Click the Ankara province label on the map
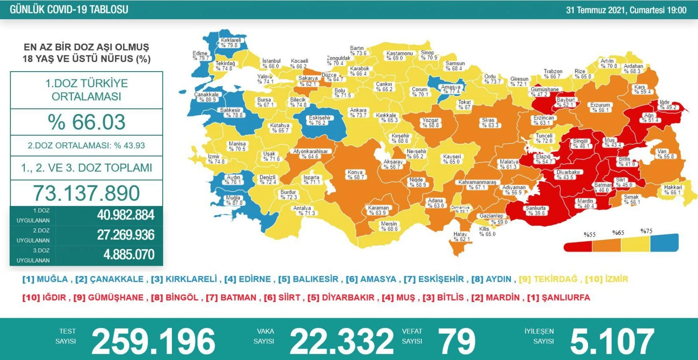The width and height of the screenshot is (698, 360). pos(358,113)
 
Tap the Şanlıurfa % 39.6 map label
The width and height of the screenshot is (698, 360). pos(536,210)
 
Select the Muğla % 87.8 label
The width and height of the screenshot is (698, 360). pos(233,200)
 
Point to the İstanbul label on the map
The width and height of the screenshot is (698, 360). pos(271,63)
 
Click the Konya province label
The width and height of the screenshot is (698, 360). pos(356,175)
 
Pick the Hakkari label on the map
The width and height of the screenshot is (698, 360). pos(673,189)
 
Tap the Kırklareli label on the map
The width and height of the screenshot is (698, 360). pos(230,42)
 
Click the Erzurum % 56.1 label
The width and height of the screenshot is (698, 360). pos(600,107)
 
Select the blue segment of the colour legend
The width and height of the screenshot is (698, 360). pos(664,243)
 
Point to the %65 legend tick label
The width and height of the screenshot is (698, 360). pos(618,233)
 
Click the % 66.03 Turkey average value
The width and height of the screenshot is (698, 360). pos(86,122)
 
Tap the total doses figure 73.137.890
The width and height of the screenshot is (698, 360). pos(86,193)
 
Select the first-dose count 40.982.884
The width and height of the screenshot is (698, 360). pos(125,215)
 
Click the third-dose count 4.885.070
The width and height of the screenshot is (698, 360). pos(129,254)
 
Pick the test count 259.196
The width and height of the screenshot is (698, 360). pos(153,341)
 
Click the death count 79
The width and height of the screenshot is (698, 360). pos(457,341)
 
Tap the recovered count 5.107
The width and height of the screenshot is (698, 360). pos(612,341)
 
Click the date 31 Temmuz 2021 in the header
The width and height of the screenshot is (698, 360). pos(596,10)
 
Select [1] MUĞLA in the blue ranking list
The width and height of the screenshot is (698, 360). pos(45,279)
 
